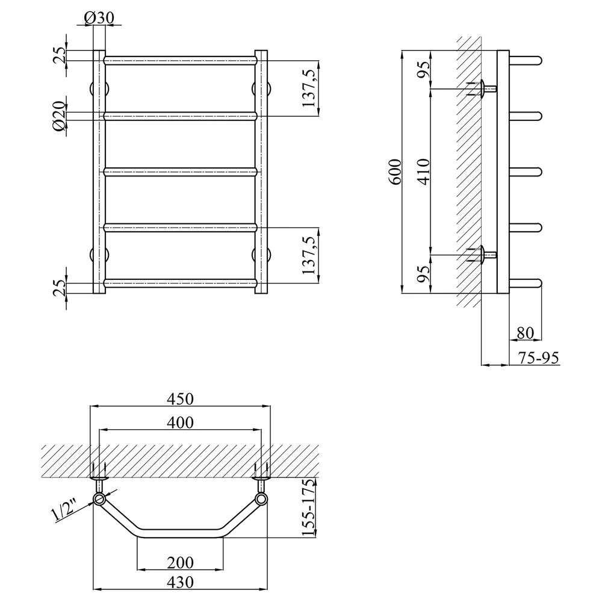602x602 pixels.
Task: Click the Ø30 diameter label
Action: coord(99,17)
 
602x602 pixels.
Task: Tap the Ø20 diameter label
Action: coord(60,116)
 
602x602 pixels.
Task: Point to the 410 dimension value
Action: coord(424,172)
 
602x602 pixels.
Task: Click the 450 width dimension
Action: coord(180,399)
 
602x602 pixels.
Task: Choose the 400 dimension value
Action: coord(180,423)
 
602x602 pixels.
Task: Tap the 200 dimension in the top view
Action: coord(180,563)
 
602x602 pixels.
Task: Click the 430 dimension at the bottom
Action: coord(180,582)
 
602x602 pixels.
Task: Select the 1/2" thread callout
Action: coord(64,509)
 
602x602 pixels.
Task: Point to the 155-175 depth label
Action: coord(308,507)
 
